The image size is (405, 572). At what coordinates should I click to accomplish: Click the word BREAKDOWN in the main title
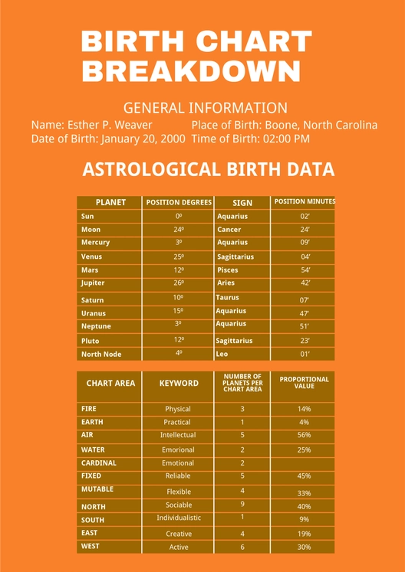coord(191,71)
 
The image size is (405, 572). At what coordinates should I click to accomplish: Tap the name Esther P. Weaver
coord(110,125)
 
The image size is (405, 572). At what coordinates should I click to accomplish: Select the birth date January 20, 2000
coord(141,139)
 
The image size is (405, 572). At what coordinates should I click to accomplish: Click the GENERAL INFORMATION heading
coord(205,108)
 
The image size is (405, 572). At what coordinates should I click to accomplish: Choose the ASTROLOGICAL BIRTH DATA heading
coord(208,169)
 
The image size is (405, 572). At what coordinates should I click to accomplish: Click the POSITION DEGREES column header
coord(179,203)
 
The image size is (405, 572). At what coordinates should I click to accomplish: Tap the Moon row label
coord(91,230)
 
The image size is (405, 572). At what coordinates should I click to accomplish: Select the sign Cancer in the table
coord(229,230)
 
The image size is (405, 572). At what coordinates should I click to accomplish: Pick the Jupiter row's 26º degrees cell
coord(179,283)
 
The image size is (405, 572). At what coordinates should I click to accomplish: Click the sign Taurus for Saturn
coord(228,297)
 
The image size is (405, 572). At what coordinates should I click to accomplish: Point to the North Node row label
coord(100,355)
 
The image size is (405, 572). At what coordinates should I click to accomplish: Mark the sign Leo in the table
coord(222,354)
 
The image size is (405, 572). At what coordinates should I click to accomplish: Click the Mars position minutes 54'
coord(305,270)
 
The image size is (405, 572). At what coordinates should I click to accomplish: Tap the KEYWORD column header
coord(179,384)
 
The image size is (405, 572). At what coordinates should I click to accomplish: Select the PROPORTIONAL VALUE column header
coord(305,383)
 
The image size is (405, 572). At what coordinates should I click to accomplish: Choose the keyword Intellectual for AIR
coord(178,435)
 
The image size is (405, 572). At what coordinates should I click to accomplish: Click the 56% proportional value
coord(305,435)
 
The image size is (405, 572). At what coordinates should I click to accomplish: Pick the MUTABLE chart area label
coord(97,489)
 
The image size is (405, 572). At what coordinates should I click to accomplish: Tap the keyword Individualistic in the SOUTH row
coord(179,518)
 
